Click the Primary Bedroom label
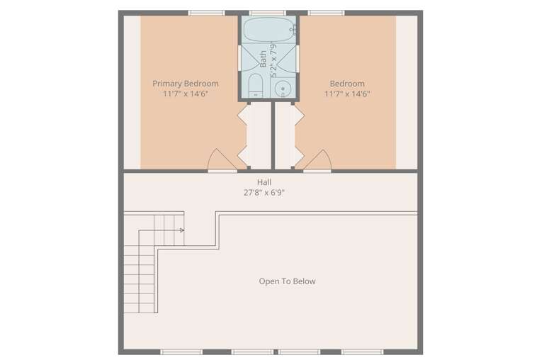coord(186,84)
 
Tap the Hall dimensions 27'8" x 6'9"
coord(264,192)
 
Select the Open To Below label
coord(288,281)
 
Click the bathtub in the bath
coord(268,30)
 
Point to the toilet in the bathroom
coord(256,86)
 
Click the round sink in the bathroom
coord(283,89)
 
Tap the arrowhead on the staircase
coord(182,230)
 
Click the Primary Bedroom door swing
coord(222,160)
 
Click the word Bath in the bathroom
coord(263,59)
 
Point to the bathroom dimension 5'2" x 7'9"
coord(273,60)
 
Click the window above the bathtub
coord(267,13)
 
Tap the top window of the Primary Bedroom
coord(206,13)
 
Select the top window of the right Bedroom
coord(326,13)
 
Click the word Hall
coord(264,182)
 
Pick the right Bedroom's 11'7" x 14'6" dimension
coord(347,94)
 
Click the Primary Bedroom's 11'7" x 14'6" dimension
coord(186,94)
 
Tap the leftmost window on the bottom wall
coord(181,352)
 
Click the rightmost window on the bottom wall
coord(363,352)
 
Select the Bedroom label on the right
coord(347,84)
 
